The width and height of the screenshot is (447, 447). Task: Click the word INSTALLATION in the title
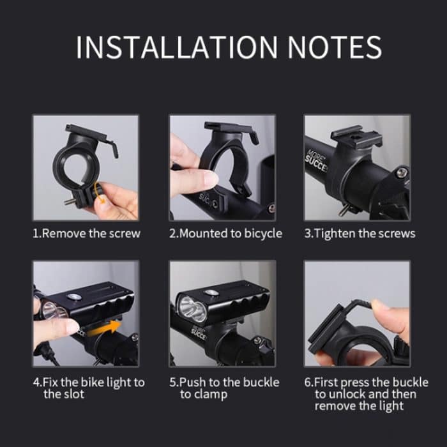[x=177, y=47]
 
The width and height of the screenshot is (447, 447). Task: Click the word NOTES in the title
[x=335, y=47]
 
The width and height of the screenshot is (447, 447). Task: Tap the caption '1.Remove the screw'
[x=86, y=234]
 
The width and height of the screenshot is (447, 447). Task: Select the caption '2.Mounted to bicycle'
[x=225, y=234]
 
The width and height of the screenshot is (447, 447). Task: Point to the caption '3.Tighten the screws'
[x=360, y=234]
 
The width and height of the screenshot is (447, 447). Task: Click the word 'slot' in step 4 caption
[x=72, y=394]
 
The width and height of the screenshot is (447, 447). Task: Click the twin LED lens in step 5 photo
[x=192, y=308]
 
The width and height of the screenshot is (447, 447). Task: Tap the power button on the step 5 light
[x=211, y=292]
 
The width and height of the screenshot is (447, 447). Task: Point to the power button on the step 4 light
[x=75, y=297]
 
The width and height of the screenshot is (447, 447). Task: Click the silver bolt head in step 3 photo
[x=402, y=172]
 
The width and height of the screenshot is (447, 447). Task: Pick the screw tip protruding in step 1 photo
[x=69, y=202]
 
